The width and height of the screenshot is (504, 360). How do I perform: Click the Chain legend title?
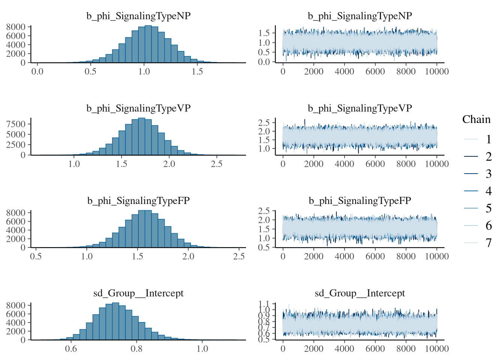pyautogui.click(x=476, y=120)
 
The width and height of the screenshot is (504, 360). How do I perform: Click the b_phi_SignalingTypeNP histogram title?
pyautogui.click(x=138, y=16)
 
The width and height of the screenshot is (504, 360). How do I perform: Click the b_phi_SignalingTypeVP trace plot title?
pyautogui.click(x=360, y=108)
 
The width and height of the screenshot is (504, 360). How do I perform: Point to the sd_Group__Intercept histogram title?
pyautogui.click(x=138, y=293)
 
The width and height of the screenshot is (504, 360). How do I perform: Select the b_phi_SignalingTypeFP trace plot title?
pyautogui.click(x=360, y=201)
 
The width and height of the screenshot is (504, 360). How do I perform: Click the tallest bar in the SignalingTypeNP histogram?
pyautogui.click(x=148, y=44)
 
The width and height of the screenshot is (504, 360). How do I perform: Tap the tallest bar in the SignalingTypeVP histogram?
pyautogui.click(x=141, y=136)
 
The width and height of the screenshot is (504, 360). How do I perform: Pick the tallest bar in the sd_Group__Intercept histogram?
pyautogui.click(x=115, y=321)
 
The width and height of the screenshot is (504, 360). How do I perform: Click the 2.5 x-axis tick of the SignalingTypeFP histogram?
pyautogui.click(x=239, y=256)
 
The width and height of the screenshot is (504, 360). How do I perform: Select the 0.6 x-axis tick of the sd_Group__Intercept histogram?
pyautogui.click(x=71, y=349)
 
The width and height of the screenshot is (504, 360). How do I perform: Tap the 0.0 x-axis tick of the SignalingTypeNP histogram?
pyautogui.click(x=37, y=71)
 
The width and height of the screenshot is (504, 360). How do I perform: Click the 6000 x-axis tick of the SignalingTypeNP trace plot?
pyautogui.click(x=375, y=71)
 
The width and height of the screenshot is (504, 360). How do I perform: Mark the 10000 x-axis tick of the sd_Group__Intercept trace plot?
pyautogui.click(x=436, y=349)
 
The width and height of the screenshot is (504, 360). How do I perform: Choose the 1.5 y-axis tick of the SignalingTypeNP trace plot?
pyautogui.click(x=264, y=33)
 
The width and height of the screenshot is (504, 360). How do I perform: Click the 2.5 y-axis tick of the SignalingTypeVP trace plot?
pyautogui.click(x=264, y=123)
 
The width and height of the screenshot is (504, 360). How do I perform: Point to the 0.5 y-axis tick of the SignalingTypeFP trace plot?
pyautogui.click(x=264, y=247)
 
